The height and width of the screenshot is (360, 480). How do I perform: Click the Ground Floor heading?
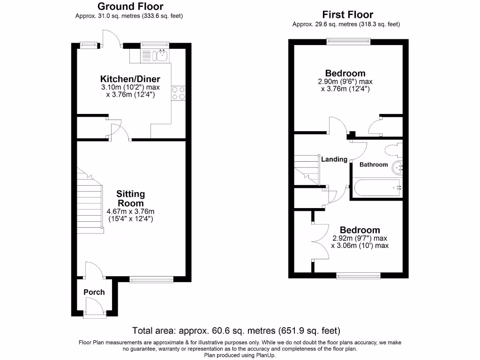coord(130,7)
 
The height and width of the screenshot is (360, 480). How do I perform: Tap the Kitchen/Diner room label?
coord(130,79)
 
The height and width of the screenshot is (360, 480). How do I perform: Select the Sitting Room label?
coord(131,198)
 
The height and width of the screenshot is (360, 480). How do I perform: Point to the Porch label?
coord(94,292)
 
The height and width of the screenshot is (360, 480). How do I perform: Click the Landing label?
coord(334,159)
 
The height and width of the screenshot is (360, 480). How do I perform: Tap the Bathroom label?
coord(374,165)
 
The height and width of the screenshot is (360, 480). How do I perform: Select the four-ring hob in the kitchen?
coord(179,93)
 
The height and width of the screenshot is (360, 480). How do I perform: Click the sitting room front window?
coord(151,280)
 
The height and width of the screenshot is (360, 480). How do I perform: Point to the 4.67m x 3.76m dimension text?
coord(131,211)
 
